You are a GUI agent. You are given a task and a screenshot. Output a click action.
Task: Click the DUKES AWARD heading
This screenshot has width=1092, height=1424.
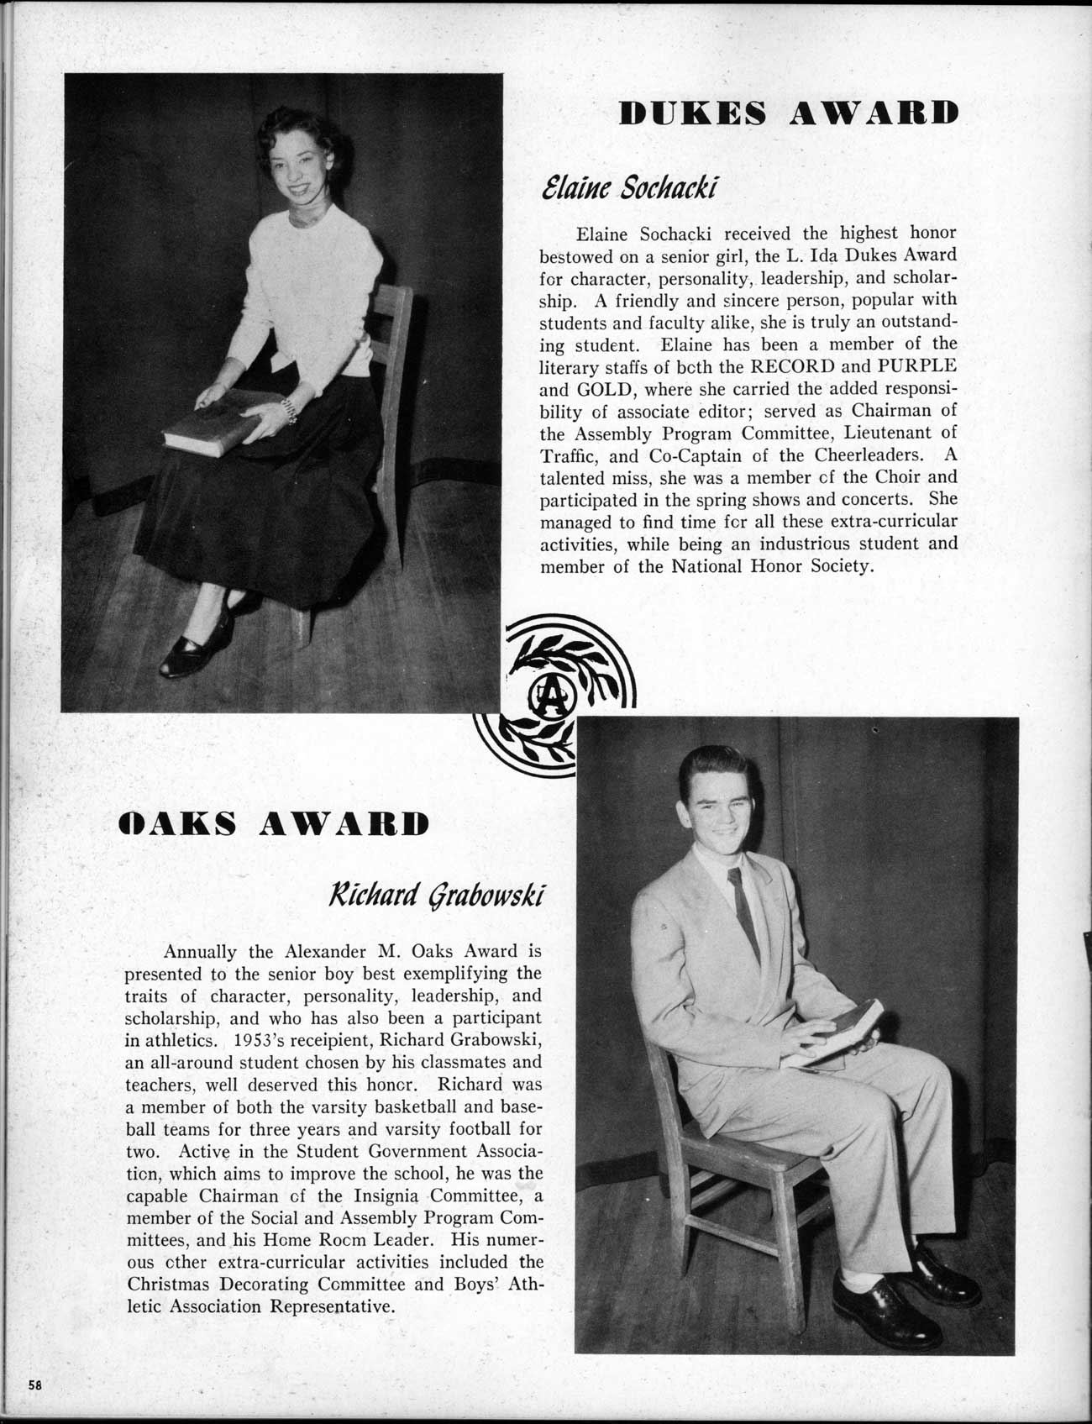[x=787, y=113]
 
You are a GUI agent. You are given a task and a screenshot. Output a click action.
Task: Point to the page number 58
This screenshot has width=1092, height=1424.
[x=34, y=1385]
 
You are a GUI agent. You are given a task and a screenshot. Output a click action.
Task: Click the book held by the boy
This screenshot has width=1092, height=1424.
[x=840, y=1034]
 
